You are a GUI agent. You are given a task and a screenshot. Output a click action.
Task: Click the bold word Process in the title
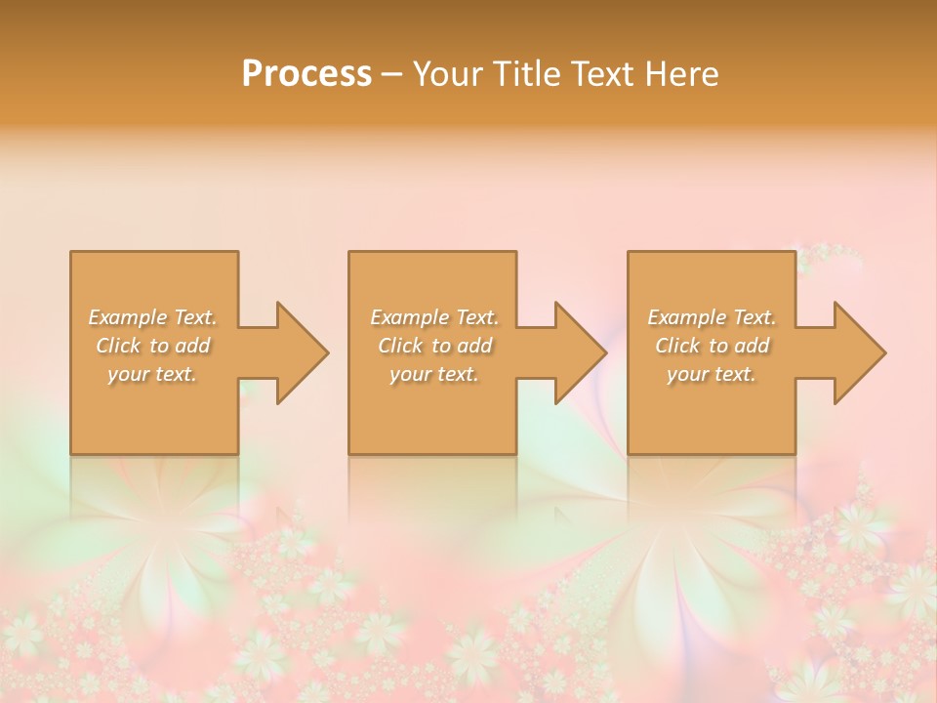click(306, 74)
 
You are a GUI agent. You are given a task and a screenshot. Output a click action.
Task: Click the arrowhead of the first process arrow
click(303, 352)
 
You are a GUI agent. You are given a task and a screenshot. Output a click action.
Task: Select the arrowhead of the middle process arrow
click(581, 352)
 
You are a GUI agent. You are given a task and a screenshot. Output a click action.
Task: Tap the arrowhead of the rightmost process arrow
click(860, 352)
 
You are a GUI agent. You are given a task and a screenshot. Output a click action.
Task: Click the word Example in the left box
click(128, 317)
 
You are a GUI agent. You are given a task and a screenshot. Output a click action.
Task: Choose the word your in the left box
click(128, 374)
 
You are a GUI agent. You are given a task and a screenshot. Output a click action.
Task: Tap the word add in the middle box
click(474, 346)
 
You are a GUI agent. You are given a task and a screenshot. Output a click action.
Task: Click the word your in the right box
click(687, 374)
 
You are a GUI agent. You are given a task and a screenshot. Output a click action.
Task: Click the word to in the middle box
click(441, 346)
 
